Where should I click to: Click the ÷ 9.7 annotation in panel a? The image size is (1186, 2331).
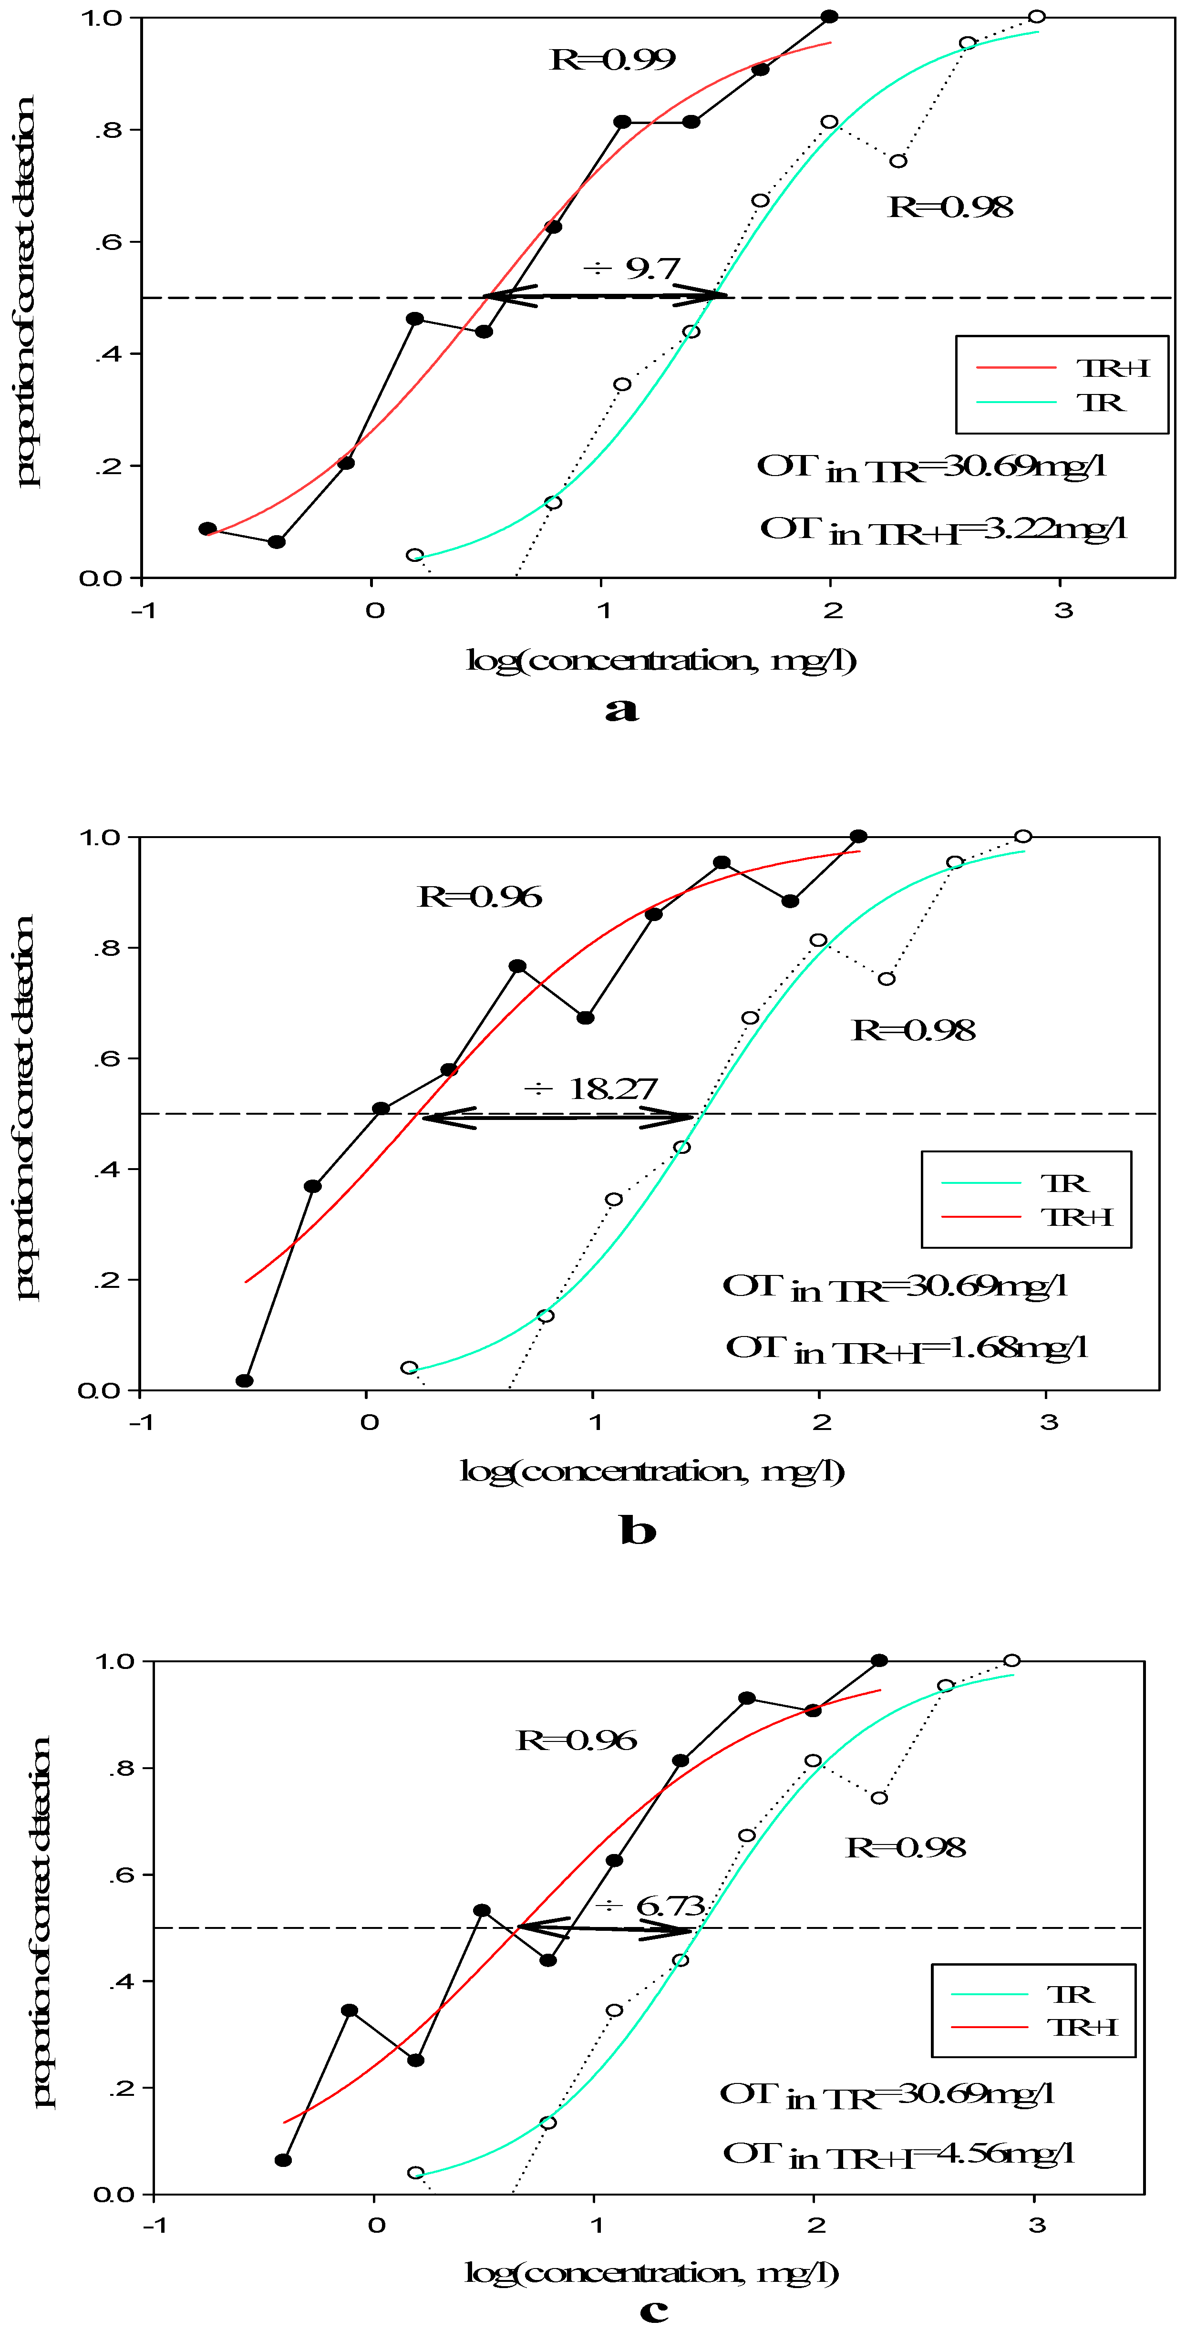coord(631,269)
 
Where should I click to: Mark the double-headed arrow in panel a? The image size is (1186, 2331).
coord(604,296)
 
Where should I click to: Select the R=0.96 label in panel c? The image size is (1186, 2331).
coord(576,1740)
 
